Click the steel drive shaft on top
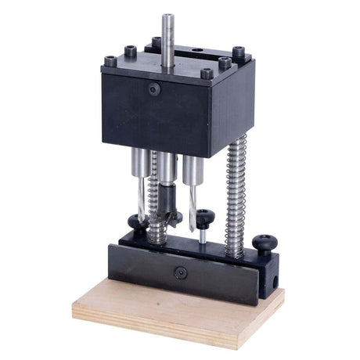point(168,35)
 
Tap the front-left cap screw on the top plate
point(110,60)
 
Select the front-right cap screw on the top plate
point(207,74)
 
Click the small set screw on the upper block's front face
point(155,90)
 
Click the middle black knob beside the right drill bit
point(205,217)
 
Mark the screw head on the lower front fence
point(180,272)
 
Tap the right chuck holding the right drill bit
point(191,169)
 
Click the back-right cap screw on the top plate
point(238,52)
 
